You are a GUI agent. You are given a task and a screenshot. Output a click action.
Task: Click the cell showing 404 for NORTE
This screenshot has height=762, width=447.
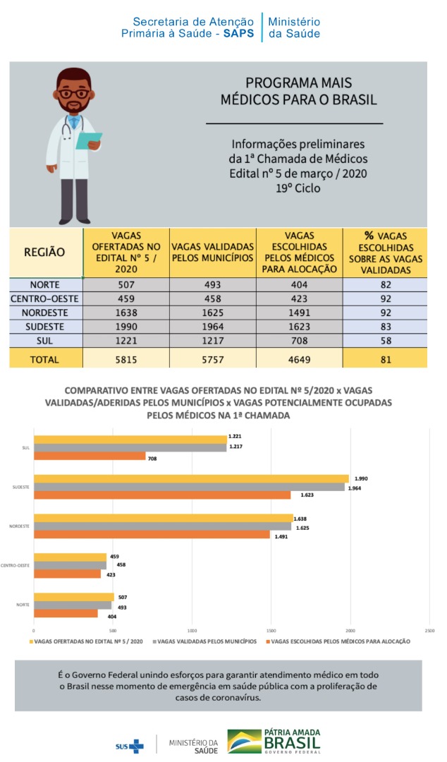(x=299, y=284)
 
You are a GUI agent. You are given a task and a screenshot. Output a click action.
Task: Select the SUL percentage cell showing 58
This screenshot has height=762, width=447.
(x=385, y=340)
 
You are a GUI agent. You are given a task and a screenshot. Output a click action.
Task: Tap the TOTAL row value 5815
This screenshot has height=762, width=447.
(x=126, y=359)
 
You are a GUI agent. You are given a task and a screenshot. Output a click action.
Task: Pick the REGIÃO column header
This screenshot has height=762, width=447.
(x=45, y=252)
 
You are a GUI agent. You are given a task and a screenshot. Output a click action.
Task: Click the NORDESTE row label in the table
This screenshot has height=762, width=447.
(x=45, y=313)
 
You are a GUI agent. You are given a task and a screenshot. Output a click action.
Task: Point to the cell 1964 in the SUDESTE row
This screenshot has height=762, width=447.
(x=212, y=327)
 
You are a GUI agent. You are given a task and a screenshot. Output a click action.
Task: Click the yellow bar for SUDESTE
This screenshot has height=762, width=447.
(x=190, y=478)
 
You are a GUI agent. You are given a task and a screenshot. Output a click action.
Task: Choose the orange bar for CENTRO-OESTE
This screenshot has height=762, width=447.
(x=66, y=574)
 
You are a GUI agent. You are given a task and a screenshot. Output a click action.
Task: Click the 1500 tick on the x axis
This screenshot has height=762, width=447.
(x=271, y=630)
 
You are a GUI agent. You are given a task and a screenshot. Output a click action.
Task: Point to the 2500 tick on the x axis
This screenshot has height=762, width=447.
(x=429, y=630)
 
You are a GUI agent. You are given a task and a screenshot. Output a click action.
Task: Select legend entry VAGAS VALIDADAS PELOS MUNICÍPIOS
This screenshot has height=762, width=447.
(x=206, y=642)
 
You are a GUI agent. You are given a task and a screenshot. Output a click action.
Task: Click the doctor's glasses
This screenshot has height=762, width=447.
(x=73, y=92)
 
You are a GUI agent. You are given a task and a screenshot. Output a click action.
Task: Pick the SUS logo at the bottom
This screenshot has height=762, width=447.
(x=129, y=745)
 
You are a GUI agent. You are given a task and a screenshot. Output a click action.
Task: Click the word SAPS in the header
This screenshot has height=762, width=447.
(x=240, y=33)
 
